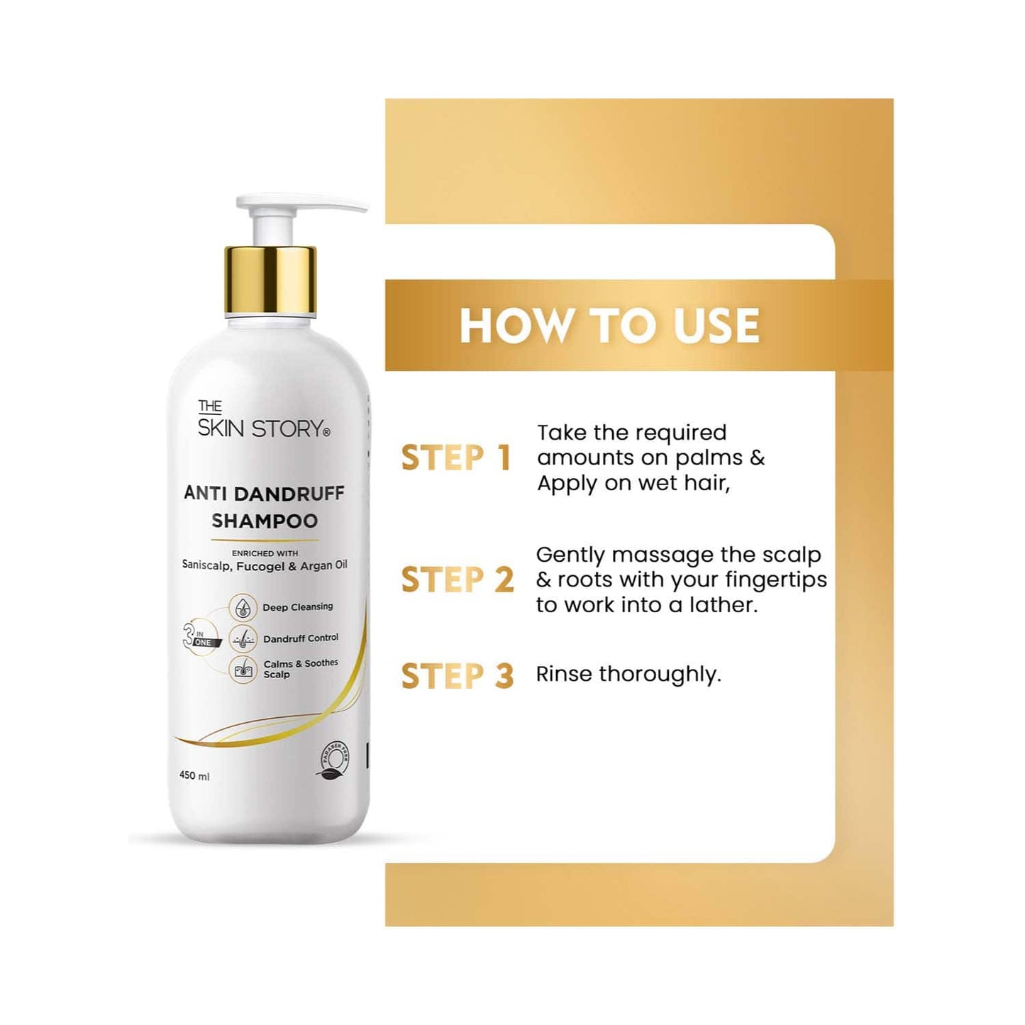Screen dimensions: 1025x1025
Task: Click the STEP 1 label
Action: (456, 458)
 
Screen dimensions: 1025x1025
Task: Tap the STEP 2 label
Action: (458, 580)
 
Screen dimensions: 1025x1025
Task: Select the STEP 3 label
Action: (458, 675)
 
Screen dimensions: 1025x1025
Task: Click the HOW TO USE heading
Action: (609, 326)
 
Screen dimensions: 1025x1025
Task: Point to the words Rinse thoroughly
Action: (628, 674)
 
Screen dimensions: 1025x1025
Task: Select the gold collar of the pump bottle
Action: (270, 279)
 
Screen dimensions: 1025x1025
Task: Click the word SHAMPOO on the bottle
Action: (265, 521)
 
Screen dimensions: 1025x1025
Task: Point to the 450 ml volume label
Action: (194, 775)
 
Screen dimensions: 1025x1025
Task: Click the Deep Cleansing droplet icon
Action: (243, 608)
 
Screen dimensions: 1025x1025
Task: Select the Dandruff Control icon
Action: (243, 638)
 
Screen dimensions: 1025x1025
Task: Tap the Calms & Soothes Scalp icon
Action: (243, 669)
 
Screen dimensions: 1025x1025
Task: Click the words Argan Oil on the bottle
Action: (323, 565)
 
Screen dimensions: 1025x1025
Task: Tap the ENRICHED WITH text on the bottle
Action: (265, 553)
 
